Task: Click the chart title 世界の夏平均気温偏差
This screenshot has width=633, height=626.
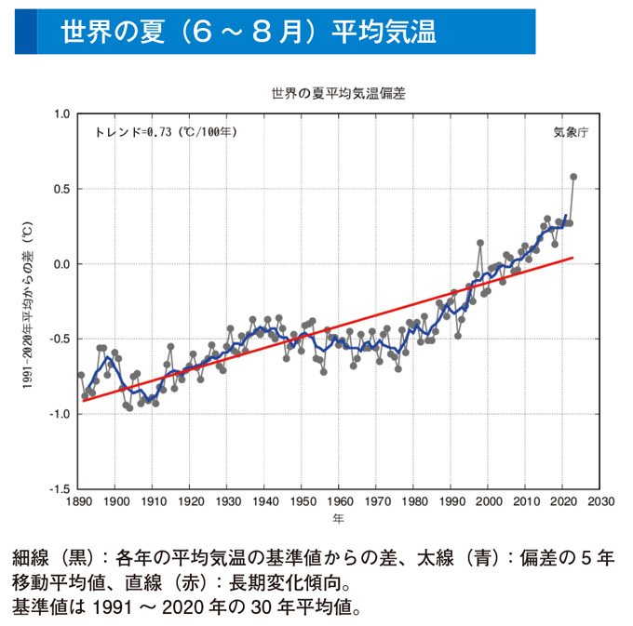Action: tap(338, 94)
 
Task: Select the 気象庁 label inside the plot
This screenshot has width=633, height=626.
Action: tap(571, 132)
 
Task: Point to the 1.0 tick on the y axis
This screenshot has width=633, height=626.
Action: tap(61, 114)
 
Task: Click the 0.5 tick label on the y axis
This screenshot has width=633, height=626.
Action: tap(61, 190)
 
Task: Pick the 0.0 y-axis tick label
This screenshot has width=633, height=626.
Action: tap(61, 264)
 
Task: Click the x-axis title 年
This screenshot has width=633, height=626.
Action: tap(339, 517)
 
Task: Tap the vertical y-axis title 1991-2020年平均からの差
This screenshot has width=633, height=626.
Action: tap(29, 301)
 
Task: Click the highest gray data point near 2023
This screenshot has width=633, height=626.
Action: tap(573, 177)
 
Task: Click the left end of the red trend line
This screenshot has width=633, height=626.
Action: tap(84, 398)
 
